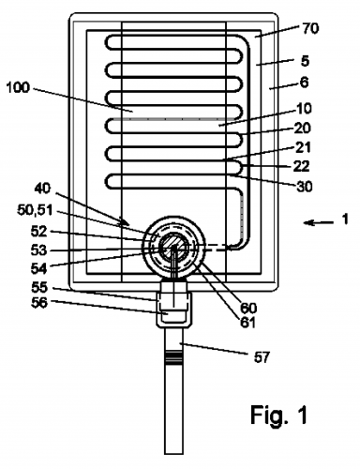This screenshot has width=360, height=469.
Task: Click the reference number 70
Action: click(310, 28)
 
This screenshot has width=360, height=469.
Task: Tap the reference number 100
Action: click(18, 87)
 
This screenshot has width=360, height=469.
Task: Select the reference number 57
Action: click(262, 357)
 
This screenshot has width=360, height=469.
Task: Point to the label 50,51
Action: click(35, 210)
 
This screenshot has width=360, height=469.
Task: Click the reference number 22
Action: click(301, 166)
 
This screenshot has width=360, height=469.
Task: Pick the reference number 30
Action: click(304, 187)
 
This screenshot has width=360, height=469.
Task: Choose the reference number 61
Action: click(247, 323)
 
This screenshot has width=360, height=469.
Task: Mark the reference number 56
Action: click(39, 302)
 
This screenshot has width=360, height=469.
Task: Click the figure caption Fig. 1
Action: click(279, 415)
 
